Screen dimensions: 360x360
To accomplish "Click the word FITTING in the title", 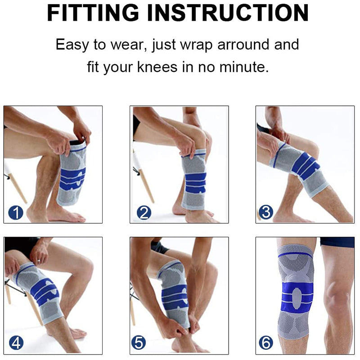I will (95, 13).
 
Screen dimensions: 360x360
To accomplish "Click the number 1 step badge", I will (16, 212).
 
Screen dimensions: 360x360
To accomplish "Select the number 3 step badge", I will (265, 212).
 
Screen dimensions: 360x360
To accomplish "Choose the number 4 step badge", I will (16, 342).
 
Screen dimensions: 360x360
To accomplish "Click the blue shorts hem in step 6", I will (337, 243).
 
